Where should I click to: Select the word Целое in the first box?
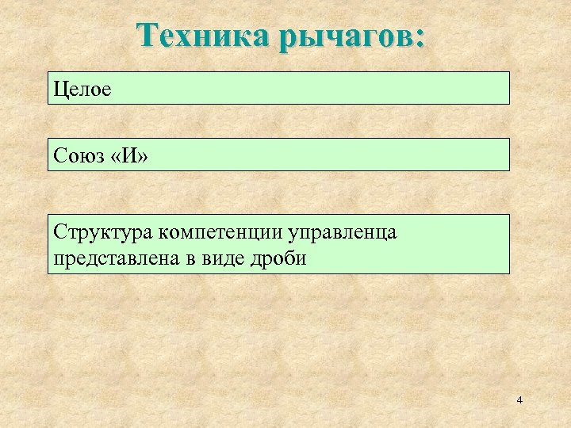click(x=82, y=88)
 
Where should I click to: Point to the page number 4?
click(x=519, y=401)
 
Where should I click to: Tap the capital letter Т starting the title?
click(x=146, y=36)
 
